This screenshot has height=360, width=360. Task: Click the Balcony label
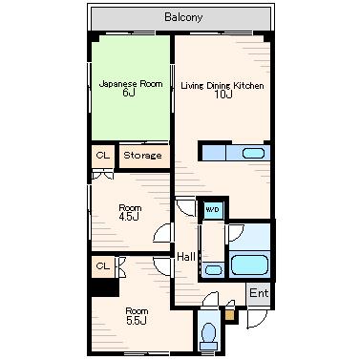point(183,17)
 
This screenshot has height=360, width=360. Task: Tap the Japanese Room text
point(131,84)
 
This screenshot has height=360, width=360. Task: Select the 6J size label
point(129,93)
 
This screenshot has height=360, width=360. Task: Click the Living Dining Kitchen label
point(222,86)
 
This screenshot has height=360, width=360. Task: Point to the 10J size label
point(223,95)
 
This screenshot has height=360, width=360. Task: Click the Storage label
point(142,156)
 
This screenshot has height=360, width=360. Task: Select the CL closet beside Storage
point(103,156)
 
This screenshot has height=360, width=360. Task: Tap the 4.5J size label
point(129,217)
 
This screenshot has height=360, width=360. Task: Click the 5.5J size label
point(137,321)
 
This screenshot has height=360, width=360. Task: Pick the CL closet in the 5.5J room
point(103,265)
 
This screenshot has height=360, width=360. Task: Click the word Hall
point(186,257)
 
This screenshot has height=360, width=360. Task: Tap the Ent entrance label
point(259,293)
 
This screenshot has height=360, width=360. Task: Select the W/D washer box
point(212,210)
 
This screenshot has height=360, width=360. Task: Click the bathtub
point(249,265)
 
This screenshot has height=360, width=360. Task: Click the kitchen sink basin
point(253,154)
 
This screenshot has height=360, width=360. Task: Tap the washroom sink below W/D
point(213,270)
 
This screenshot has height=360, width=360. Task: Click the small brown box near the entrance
point(229,315)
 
